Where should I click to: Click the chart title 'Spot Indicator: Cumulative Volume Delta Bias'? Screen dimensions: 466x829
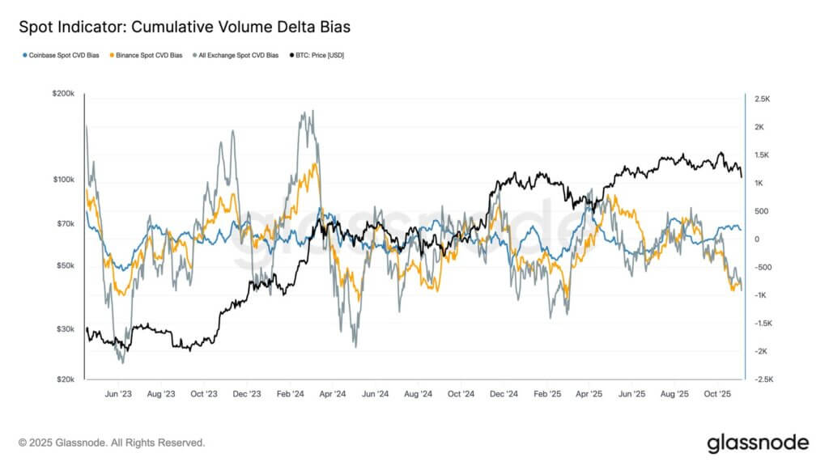(185, 28)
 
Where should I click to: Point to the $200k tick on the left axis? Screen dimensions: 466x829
(64, 95)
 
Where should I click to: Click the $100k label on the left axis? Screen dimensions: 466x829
(64, 179)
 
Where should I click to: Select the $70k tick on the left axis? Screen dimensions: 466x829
(66, 223)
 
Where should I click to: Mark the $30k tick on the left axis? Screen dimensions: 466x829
(66, 328)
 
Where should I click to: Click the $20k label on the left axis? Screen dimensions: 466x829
(66, 379)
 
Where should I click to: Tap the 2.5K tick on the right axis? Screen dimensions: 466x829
(762, 99)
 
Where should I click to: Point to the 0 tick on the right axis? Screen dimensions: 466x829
(756, 239)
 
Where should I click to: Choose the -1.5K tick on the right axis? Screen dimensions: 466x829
(763, 324)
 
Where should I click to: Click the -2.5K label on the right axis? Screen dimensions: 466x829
(763, 379)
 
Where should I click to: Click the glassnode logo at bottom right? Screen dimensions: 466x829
(757, 443)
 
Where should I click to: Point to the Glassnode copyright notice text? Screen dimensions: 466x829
(112, 443)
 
